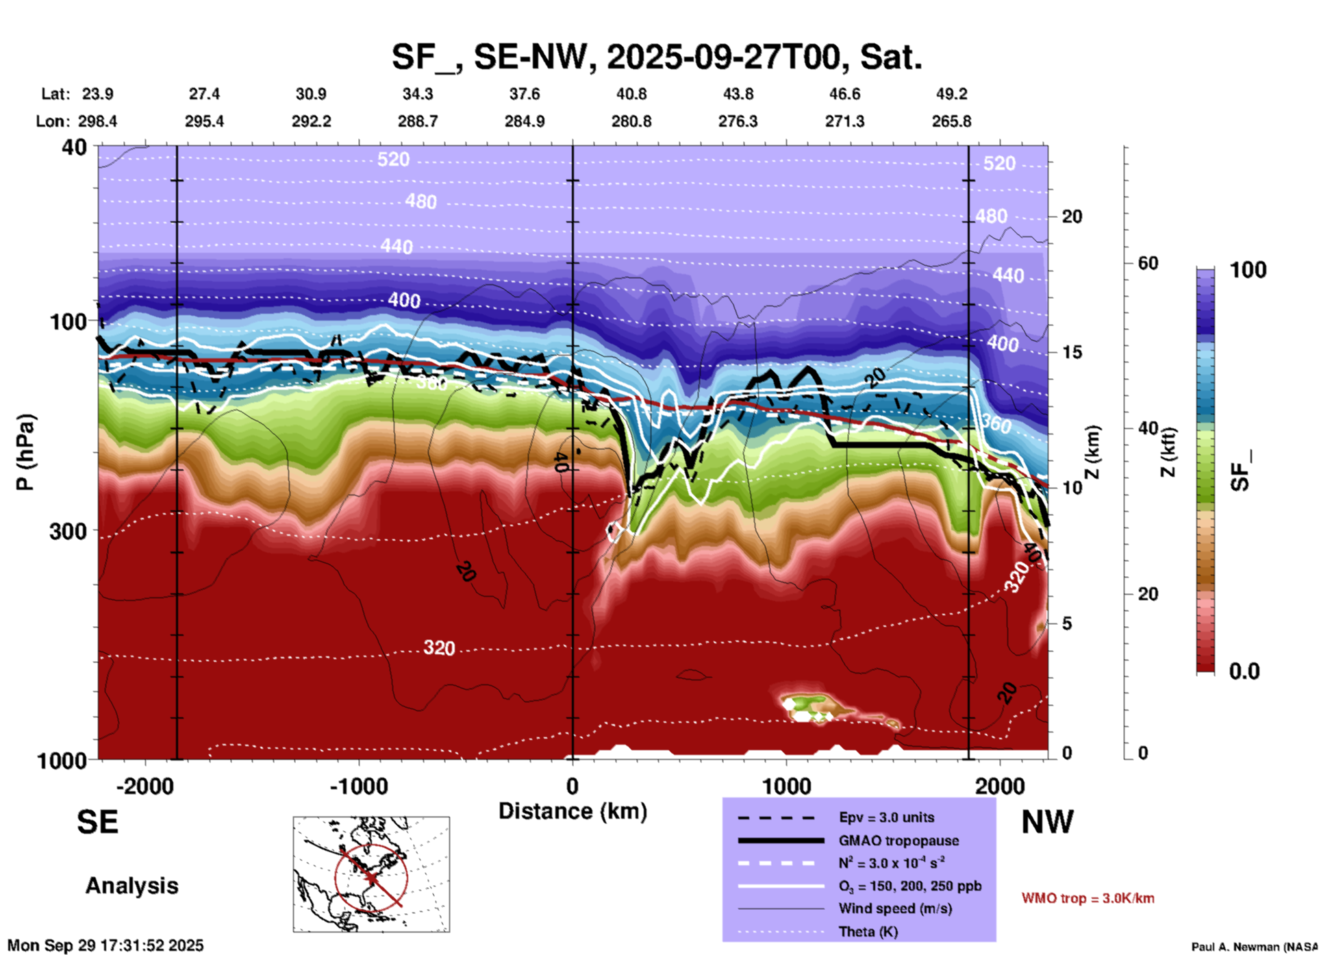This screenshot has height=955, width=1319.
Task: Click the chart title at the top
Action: coord(657,57)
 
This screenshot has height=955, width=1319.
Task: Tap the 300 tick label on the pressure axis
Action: coord(68,531)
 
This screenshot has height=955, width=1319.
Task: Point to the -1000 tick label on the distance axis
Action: coord(358,786)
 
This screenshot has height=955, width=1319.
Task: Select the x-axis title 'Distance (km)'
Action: coord(573,811)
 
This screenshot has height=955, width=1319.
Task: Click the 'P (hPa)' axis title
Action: coord(25,452)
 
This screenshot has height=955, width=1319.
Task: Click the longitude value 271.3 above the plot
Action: coord(844,121)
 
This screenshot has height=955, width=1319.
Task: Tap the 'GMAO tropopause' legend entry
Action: coord(899,841)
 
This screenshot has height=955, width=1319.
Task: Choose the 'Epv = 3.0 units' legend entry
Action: coord(886,817)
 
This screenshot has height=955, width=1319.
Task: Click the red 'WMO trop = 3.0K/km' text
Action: coord(1088,898)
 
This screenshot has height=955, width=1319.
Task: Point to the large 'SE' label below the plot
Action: coord(97,822)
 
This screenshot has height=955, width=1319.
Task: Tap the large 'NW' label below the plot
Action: coord(1047,822)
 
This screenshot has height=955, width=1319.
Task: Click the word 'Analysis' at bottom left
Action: coord(131,886)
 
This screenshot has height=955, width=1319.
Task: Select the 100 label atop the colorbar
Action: coord(1248,270)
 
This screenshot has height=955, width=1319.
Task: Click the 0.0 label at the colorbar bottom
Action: coord(1244,671)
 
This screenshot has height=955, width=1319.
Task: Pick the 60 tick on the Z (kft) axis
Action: coord(1148,263)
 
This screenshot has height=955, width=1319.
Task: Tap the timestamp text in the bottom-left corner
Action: coord(105,945)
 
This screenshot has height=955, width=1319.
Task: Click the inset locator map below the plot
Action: coord(371,873)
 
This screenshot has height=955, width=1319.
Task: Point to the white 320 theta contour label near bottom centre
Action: coord(439,648)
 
